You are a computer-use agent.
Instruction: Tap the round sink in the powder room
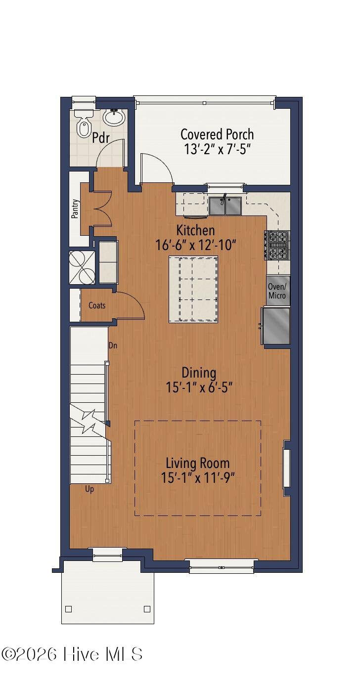tap(115, 118)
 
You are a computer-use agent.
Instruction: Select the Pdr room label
tap(101, 137)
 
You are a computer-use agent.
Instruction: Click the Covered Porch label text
tap(217, 134)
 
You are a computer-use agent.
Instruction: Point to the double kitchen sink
tap(225, 206)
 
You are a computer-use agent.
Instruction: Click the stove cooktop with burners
tap(277, 245)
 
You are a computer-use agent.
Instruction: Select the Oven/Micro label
tap(277, 291)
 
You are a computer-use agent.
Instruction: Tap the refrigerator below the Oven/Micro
tap(276, 326)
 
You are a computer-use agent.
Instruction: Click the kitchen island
tap(193, 289)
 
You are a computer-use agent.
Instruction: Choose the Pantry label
tap(75, 209)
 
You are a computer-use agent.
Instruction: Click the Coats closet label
tap(97, 305)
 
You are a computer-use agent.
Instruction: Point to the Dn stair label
tap(113, 345)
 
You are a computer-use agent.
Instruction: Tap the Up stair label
tap(90, 489)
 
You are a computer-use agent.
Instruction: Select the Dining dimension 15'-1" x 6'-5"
tap(199, 387)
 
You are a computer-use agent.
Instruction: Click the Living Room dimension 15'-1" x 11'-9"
tap(197, 478)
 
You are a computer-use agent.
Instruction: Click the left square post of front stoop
tap(69, 609)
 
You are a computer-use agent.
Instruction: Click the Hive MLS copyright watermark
tap(72, 654)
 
